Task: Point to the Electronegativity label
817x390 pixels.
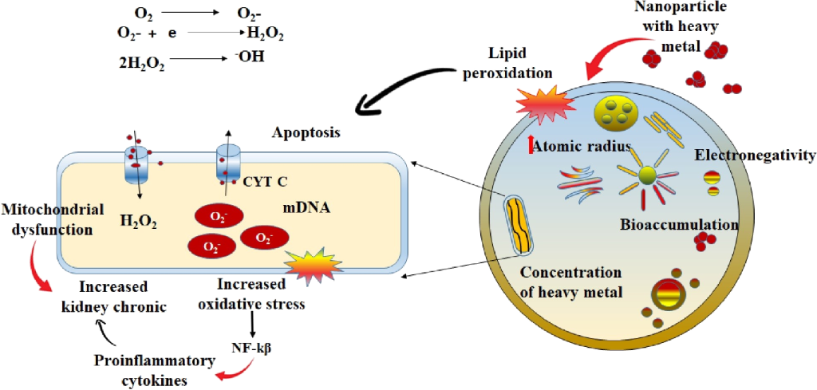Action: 754,155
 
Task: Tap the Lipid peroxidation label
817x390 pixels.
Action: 520,65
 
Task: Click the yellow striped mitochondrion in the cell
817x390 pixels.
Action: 519,223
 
